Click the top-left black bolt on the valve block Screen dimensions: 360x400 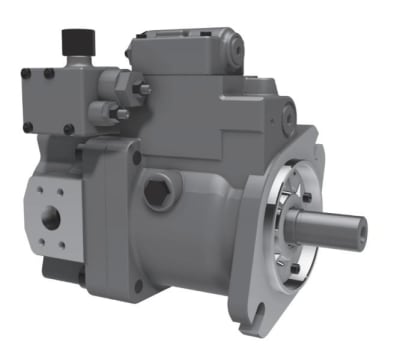click(27, 72)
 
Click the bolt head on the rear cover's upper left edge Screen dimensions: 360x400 click(137, 157)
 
